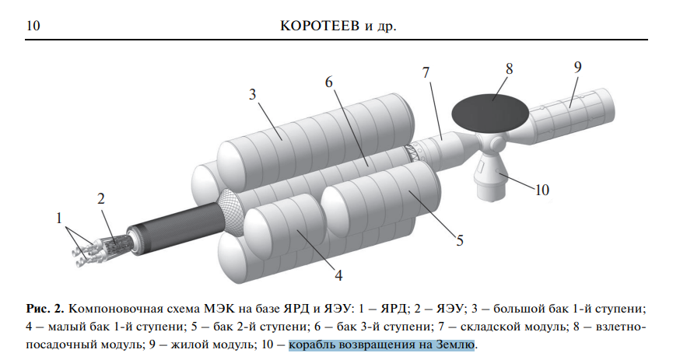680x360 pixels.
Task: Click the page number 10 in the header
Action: tap(33, 26)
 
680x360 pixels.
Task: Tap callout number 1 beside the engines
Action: tap(59, 219)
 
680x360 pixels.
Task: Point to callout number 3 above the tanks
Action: tap(252, 94)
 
